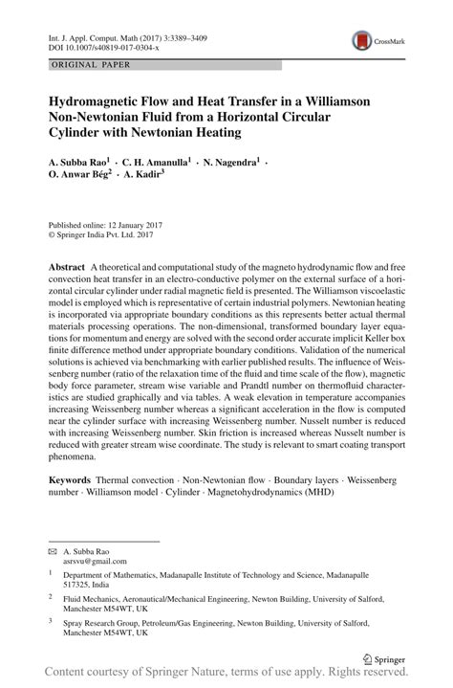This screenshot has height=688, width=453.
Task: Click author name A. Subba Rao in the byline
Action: pyautogui.click(x=80, y=164)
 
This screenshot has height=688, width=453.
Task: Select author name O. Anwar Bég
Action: pyautogui.click(x=87, y=178)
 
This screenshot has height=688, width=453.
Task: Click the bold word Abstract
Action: pyautogui.click(x=68, y=264)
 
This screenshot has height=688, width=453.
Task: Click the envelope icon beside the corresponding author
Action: pyautogui.click(x=53, y=552)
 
